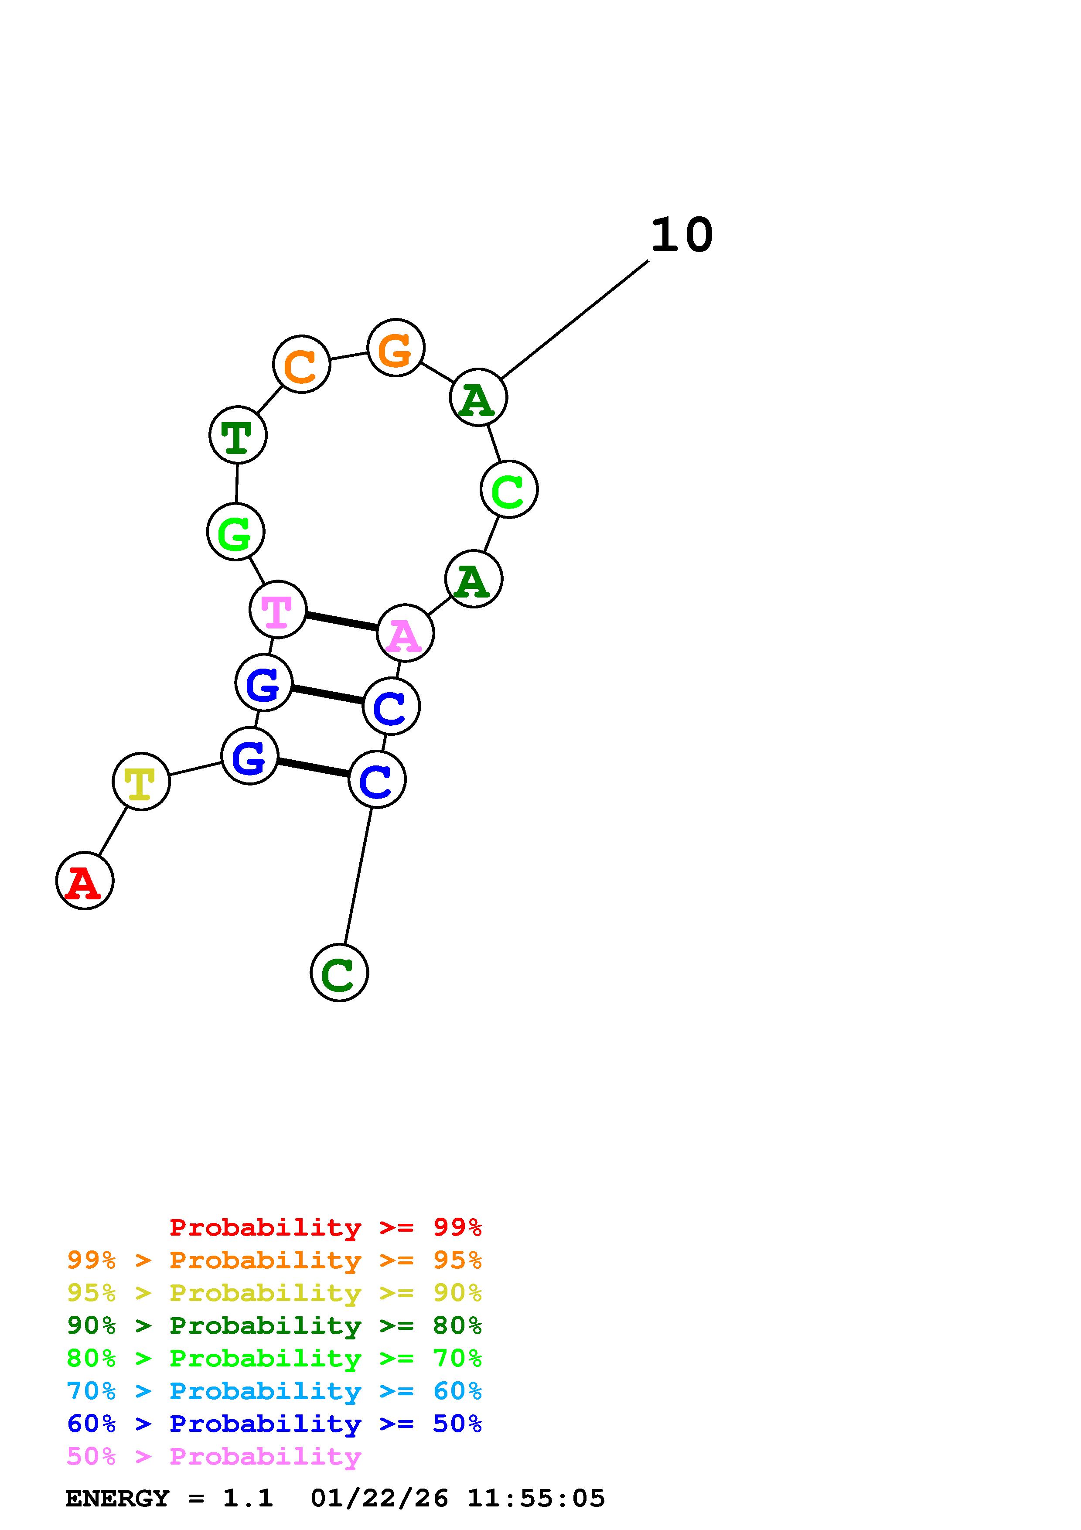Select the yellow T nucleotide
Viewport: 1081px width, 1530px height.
click(x=141, y=781)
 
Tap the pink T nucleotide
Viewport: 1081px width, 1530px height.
click(x=278, y=609)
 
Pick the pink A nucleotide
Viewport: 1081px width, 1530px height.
click(x=405, y=633)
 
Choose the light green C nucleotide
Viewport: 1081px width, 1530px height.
click(x=509, y=489)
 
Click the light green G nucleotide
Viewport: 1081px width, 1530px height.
click(x=236, y=532)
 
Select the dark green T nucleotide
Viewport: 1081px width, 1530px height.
click(x=238, y=434)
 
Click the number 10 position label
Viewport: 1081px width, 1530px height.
click(x=682, y=235)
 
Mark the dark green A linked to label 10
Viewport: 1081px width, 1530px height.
click(x=478, y=397)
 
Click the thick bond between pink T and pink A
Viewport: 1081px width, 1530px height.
click(x=341, y=621)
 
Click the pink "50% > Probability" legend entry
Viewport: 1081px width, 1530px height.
click(x=214, y=1457)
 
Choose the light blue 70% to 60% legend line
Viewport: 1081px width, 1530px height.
click(x=274, y=1391)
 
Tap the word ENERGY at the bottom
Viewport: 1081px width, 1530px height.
click(x=117, y=1499)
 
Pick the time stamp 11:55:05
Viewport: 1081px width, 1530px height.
click(x=535, y=1499)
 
